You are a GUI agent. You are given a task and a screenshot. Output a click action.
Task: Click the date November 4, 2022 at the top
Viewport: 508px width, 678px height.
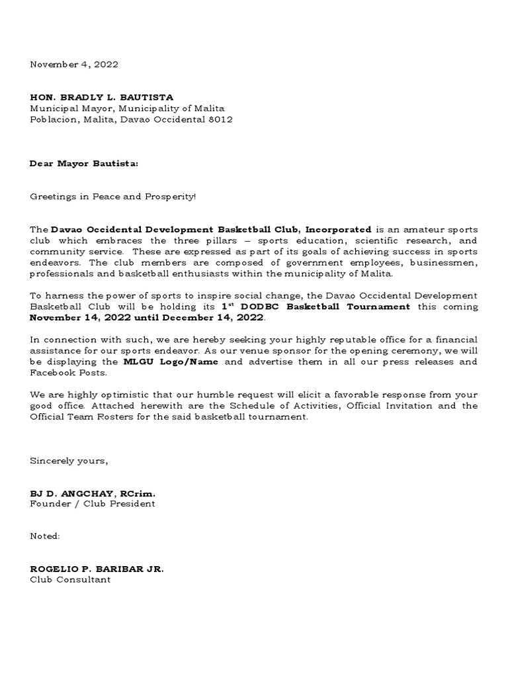74,65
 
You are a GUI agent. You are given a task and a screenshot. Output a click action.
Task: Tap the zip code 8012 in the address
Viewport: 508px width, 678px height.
222,119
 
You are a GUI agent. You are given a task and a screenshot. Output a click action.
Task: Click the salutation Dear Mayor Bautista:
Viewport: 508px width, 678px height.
84,163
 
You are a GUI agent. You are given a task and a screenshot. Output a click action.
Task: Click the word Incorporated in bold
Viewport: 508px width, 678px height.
339,229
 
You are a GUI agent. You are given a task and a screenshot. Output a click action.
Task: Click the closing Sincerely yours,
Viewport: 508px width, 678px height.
68,461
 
